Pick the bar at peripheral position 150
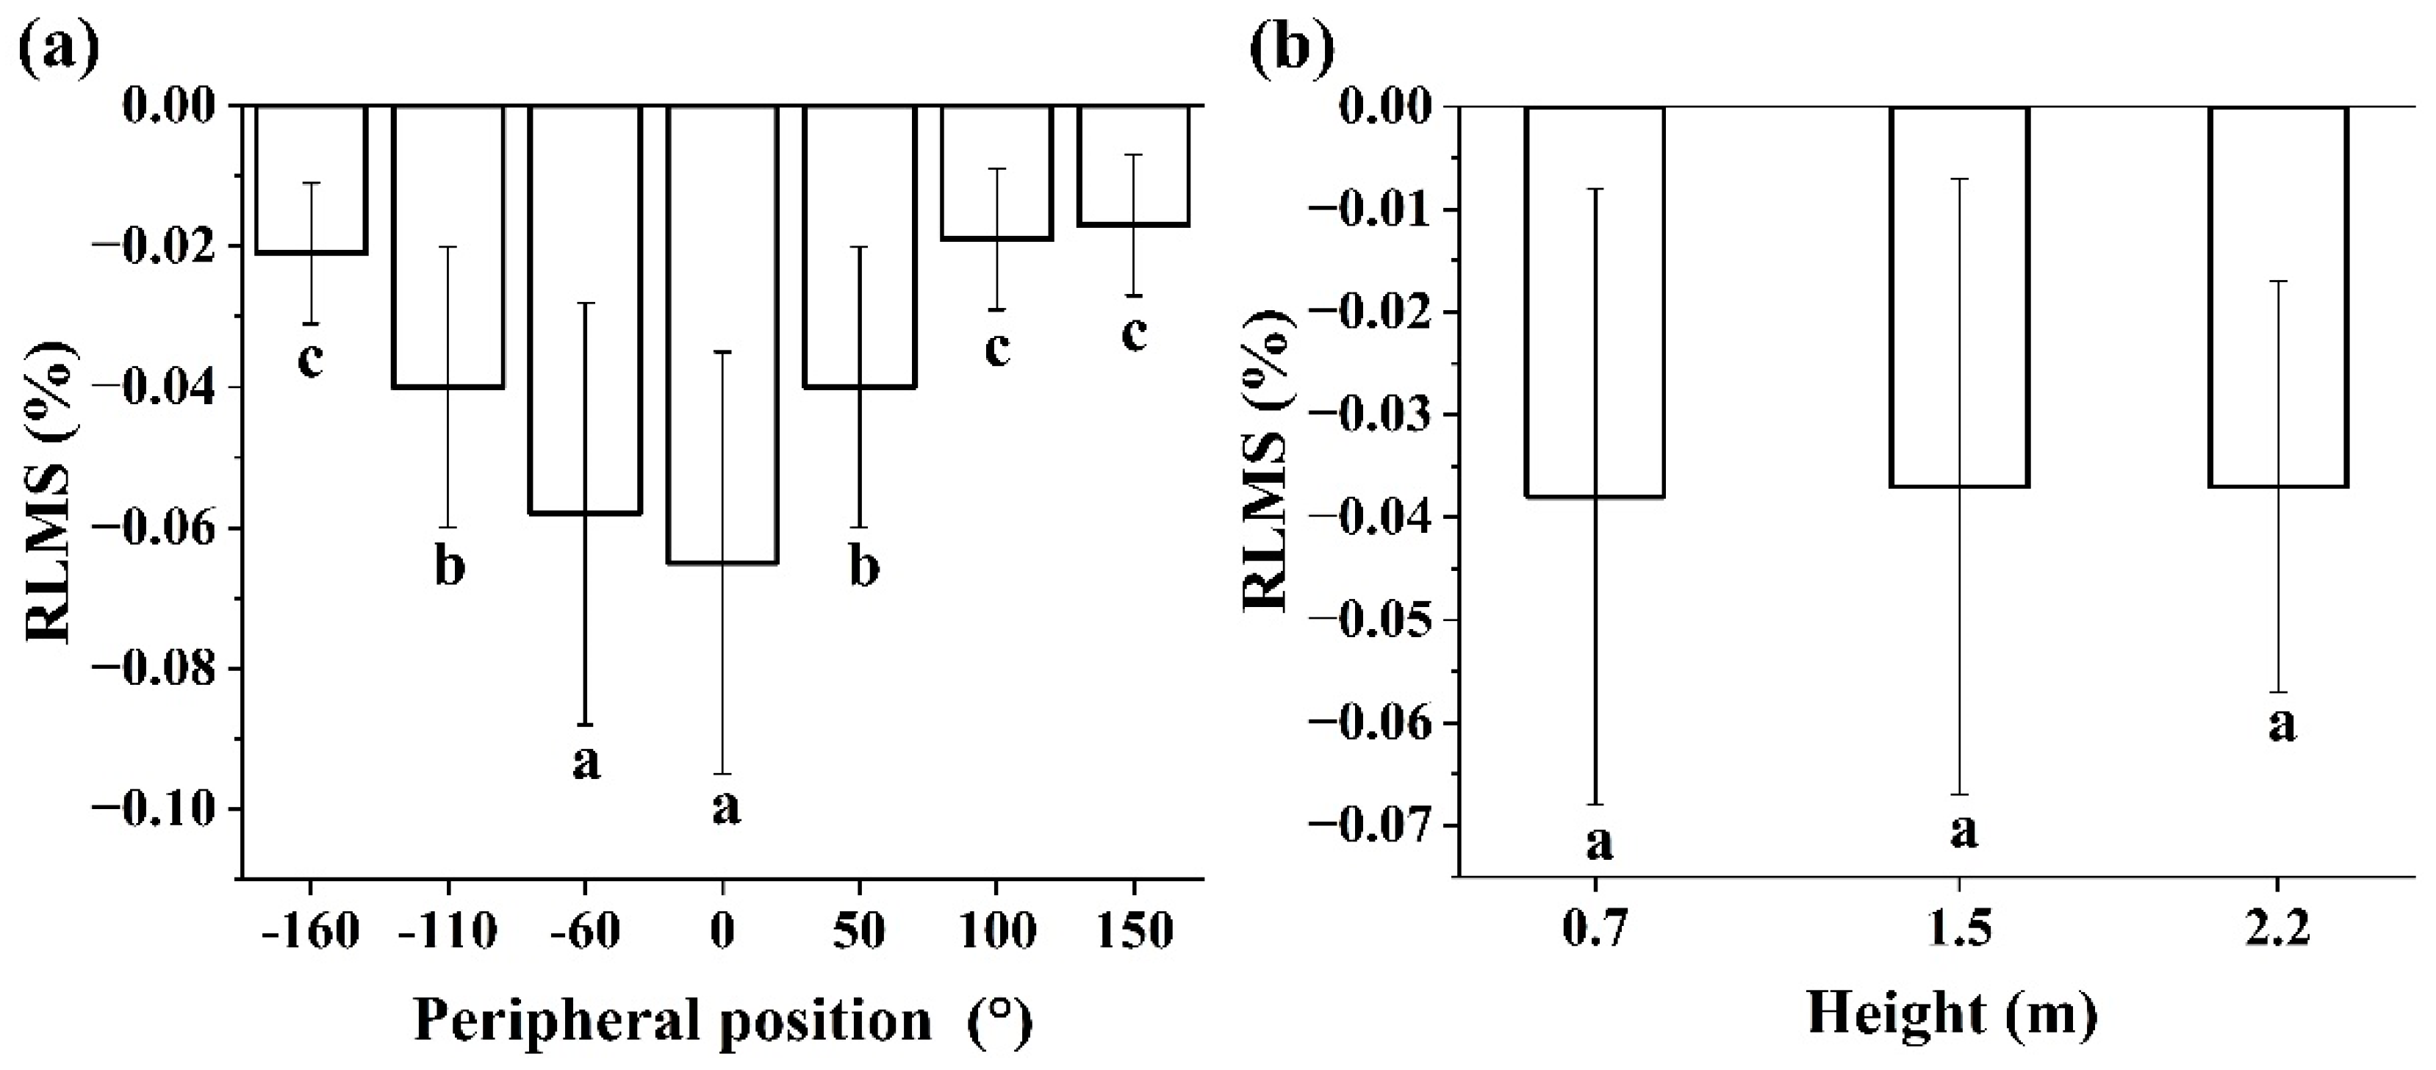click(x=1134, y=165)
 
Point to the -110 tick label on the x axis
click(x=448, y=931)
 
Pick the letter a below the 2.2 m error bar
click(x=2282, y=725)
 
